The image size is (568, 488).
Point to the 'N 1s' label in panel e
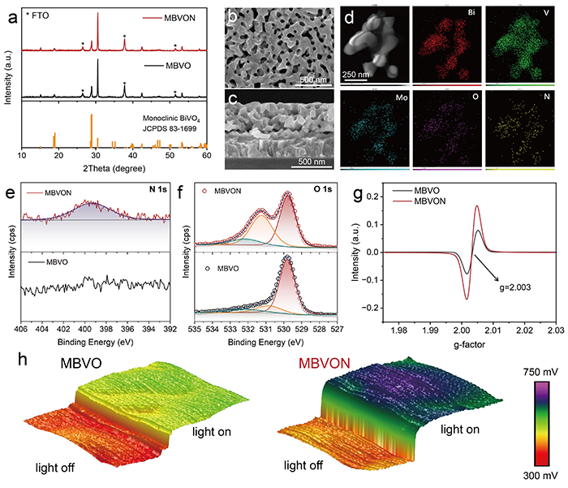[x=155, y=192]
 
